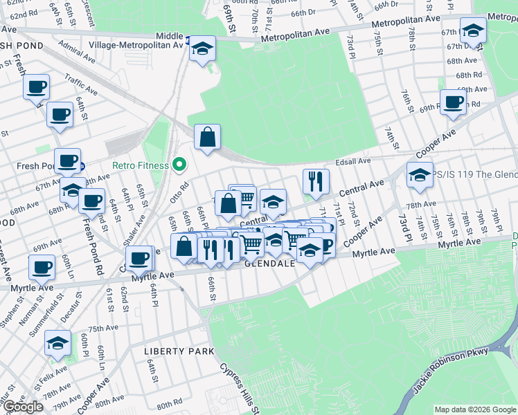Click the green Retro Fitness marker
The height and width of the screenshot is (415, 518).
(179, 165)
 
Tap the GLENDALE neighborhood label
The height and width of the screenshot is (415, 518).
(270, 264)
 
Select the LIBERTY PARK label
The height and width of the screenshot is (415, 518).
(179, 351)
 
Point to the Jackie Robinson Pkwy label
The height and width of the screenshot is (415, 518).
(451, 371)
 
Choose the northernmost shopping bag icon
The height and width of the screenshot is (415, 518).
(207, 137)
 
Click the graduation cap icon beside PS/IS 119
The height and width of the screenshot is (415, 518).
(420, 174)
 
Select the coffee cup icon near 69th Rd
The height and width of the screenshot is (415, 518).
(454, 102)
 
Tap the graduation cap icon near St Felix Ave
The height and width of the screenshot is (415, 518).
(57, 342)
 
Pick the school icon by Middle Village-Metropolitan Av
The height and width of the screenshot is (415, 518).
(202, 48)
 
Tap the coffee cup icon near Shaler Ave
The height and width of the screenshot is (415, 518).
(140, 258)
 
